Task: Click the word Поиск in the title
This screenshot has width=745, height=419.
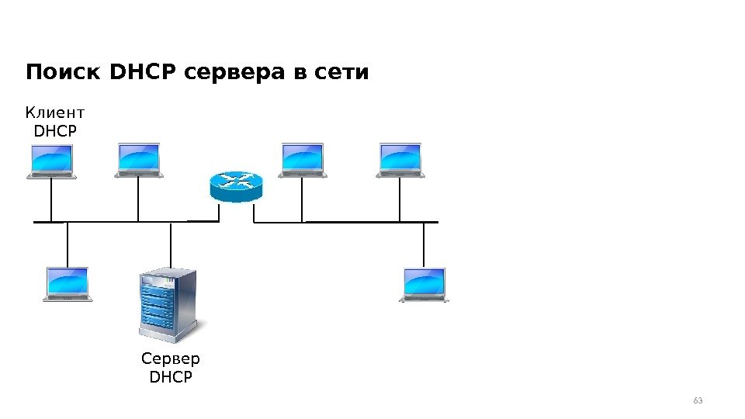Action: coord(65,73)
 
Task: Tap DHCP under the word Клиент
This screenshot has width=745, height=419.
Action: coord(56,132)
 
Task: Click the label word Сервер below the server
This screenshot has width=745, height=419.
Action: coord(171,359)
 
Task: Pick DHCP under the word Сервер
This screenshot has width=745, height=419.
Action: coord(171,377)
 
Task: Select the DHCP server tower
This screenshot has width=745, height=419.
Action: coord(167,305)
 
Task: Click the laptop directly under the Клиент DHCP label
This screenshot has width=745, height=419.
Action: coord(51,161)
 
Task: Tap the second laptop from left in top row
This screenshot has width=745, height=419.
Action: coord(139,161)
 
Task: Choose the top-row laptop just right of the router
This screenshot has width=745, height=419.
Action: coord(302,161)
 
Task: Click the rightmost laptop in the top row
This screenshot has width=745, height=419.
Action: coord(400,161)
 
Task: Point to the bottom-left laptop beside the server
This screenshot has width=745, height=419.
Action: coord(68,284)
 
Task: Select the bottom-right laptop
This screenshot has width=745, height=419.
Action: coord(424,285)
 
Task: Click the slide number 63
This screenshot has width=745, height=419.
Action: coord(697,400)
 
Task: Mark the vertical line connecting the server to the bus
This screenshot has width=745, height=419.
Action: coord(171,244)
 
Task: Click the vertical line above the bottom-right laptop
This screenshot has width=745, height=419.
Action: coord(424,244)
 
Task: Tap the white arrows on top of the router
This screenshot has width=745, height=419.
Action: coord(236,181)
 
